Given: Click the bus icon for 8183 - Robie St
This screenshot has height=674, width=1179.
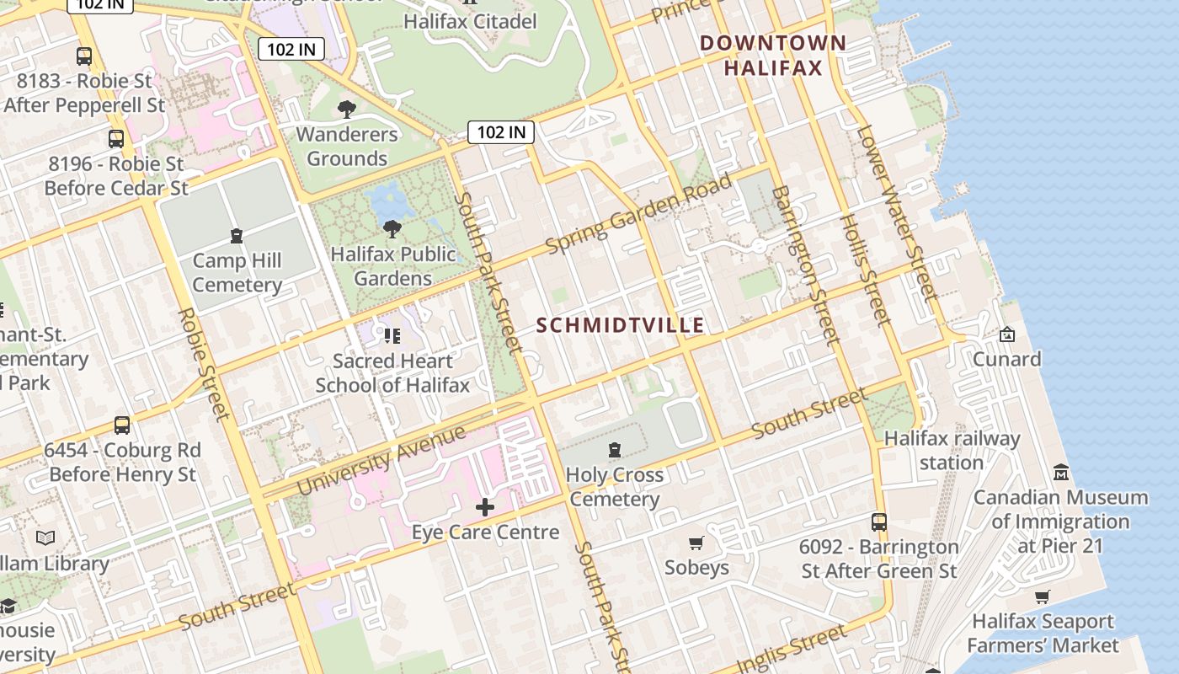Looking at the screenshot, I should click(84, 56).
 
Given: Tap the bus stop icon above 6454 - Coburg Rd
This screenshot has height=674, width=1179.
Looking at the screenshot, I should click(122, 425).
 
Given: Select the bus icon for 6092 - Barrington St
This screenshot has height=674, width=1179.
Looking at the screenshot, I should click(879, 522).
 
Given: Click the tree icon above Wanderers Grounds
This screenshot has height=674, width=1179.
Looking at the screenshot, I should click(346, 109).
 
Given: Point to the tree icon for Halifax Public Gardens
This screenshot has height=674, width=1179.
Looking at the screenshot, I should click(392, 228).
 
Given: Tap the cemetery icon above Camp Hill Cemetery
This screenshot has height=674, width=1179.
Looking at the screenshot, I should click(237, 235).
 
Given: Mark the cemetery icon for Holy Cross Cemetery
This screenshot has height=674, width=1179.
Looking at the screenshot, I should click(615, 450).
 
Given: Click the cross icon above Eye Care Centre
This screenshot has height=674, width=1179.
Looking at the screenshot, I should click(485, 507).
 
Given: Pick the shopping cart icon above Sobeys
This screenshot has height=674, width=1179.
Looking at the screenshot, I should click(696, 543).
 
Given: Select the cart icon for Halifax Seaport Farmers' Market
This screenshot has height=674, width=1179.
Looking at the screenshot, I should click(1043, 597).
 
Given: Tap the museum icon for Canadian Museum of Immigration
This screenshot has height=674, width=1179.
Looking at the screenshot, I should click(1061, 473).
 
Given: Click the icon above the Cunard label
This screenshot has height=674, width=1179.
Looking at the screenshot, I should click(1006, 334).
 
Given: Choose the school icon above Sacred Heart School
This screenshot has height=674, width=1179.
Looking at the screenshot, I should click(392, 336).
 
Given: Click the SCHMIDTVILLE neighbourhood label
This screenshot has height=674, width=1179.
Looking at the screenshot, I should click(620, 325).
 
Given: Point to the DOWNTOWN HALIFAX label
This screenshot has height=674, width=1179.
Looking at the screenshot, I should click(773, 56).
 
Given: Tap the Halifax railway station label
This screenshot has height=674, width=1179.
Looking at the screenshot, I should click(952, 451).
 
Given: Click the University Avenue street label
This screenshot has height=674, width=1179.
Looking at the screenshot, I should click(381, 461).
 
